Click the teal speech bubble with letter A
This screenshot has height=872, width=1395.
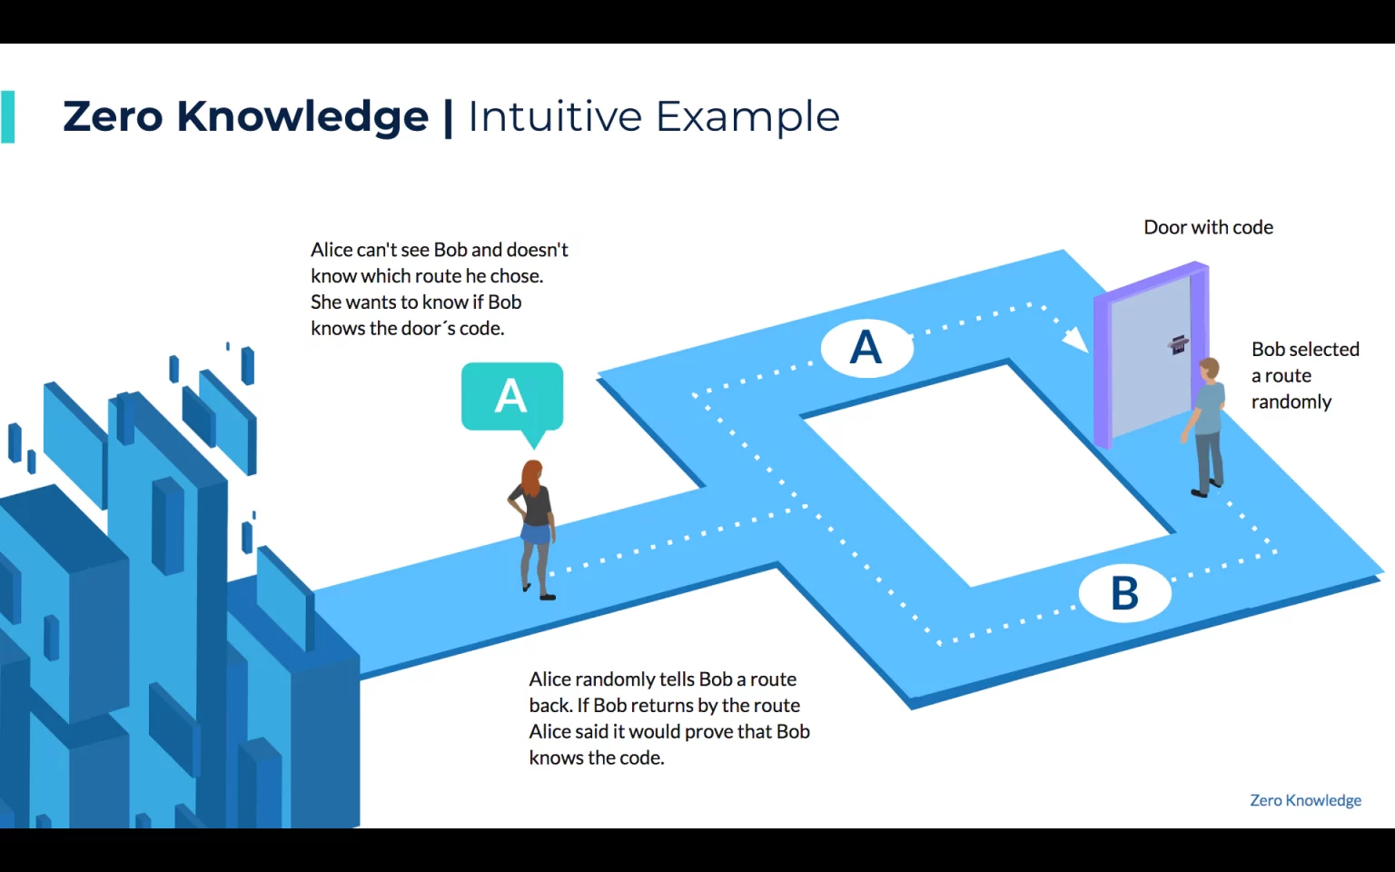(512, 399)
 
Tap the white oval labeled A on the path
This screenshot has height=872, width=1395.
(867, 348)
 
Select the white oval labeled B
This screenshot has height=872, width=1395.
(1124, 592)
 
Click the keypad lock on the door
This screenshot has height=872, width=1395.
(1177, 344)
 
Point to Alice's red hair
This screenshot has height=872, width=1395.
(531, 479)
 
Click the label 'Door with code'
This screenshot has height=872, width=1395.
(1208, 227)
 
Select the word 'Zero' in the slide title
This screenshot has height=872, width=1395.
(113, 116)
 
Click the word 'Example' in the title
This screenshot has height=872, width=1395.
(747, 118)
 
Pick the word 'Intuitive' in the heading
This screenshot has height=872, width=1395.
(554, 116)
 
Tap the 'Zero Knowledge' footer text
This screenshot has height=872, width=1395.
(1305, 800)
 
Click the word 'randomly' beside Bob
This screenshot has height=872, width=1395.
(1291, 402)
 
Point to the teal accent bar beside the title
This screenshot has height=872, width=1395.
(7, 117)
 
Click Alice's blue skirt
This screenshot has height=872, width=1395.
(536, 534)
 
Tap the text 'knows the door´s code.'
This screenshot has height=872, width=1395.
(407, 328)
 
